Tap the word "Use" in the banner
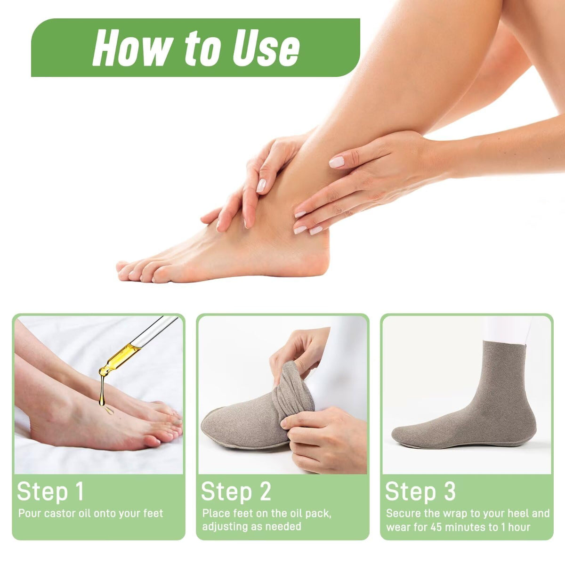coord(266,48)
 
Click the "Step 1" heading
coord(50,491)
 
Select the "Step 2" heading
coord(236,491)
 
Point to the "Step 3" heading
coord(420,491)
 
